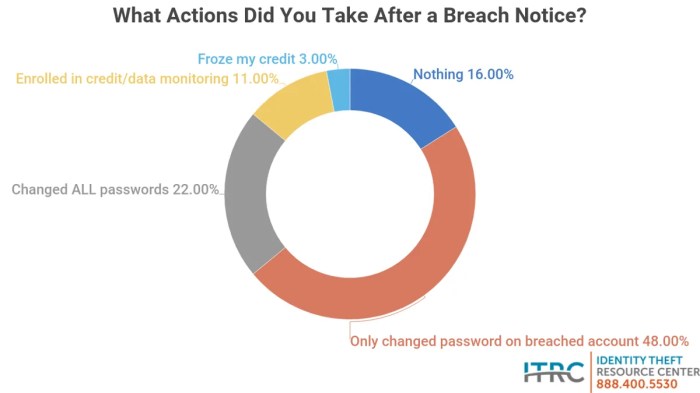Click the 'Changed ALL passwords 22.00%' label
click(x=114, y=189)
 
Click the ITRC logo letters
click(x=555, y=371)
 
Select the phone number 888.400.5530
click(x=639, y=384)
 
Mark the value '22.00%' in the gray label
click(x=196, y=189)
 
